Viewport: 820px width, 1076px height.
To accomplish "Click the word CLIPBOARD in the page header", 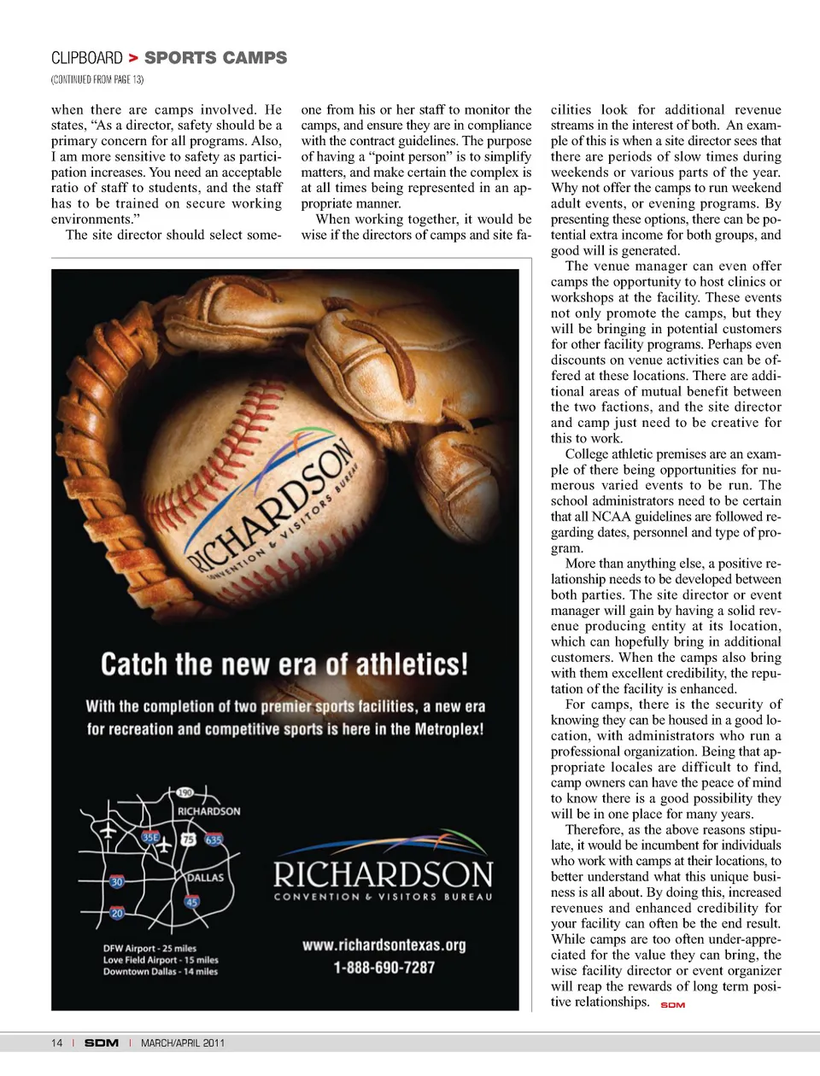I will click(87, 58).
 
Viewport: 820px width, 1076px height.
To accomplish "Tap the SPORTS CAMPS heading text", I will click(215, 58).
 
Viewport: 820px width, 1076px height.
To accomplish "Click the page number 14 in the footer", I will click(56, 1043).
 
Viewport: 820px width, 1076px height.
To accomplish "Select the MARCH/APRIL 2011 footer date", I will click(183, 1043).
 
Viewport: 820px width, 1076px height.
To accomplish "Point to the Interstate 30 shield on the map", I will click(117, 881).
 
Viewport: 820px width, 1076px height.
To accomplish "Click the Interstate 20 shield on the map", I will click(117, 913).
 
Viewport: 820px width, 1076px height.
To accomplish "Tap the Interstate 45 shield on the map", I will click(192, 902).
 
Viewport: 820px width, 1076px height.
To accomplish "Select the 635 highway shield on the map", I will click(213, 839).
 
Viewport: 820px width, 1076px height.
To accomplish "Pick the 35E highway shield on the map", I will click(150, 838).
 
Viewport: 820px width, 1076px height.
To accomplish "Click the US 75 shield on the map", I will click(188, 839).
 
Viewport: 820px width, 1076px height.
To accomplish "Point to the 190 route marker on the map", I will click(185, 793).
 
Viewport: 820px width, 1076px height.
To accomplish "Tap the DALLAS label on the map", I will click(205, 877).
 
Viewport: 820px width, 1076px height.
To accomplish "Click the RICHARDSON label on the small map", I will click(209, 810).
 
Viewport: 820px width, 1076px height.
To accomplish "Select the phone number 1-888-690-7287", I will click(384, 968).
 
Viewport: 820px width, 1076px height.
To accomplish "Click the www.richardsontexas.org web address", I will click(384, 944).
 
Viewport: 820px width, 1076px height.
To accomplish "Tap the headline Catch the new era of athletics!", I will click(284, 664).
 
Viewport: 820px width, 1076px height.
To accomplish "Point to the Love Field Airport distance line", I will click(161, 960).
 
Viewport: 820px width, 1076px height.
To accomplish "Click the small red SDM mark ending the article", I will click(673, 1005).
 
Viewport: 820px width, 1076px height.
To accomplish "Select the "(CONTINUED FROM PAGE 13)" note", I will click(97, 79).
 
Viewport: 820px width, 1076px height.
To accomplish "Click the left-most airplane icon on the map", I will click(108, 830).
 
